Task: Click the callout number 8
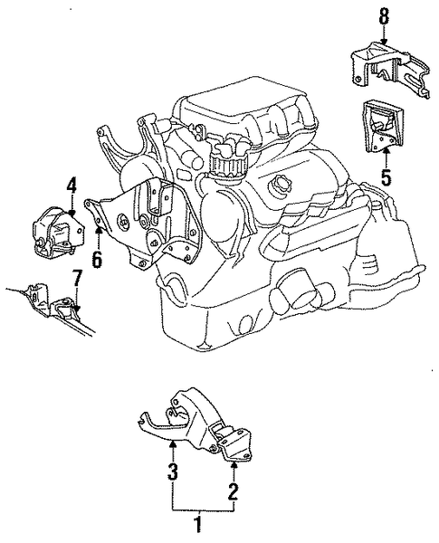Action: [383, 16]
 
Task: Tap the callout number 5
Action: [386, 177]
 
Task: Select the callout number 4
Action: [71, 187]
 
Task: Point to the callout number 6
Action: [97, 259]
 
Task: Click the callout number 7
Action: [77, 279]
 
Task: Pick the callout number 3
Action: [173, 472]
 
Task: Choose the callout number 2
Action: [233, 491]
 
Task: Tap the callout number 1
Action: [197, 524]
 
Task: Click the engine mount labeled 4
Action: [57, 233]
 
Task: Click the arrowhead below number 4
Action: [72, 214]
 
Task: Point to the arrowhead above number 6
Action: [99, 228]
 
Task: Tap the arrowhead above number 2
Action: [234, 465]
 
